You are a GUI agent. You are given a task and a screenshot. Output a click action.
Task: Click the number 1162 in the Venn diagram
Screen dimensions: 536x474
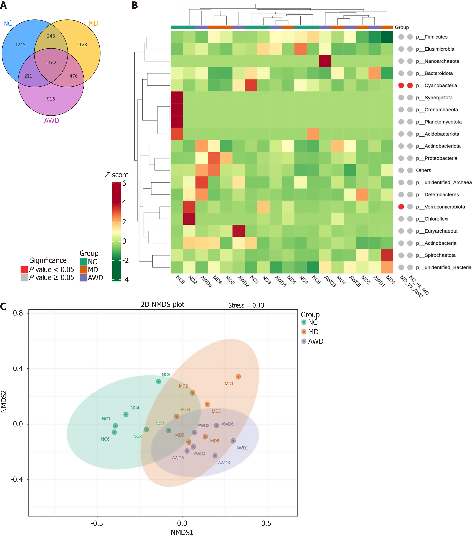tap(51, 63)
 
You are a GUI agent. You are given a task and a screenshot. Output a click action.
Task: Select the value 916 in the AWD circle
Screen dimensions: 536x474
tap(51, 99)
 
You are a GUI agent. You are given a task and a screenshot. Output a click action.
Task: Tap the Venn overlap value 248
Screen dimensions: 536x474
tap(51, 36)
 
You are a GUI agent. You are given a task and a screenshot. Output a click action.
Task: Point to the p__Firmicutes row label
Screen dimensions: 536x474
tap(436, 37)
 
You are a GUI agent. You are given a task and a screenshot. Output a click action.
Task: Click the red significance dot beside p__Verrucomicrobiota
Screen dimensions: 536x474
tap(401, 207)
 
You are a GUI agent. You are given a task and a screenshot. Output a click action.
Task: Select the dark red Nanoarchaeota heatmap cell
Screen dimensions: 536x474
tap(325, 61)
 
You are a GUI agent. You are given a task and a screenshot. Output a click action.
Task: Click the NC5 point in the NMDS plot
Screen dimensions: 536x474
tap(158, 382)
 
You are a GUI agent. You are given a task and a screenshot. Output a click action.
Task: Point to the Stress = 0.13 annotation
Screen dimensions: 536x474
tap(246, 305)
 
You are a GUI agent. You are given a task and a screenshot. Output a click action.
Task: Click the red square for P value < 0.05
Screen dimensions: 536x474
tap(24, 270)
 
